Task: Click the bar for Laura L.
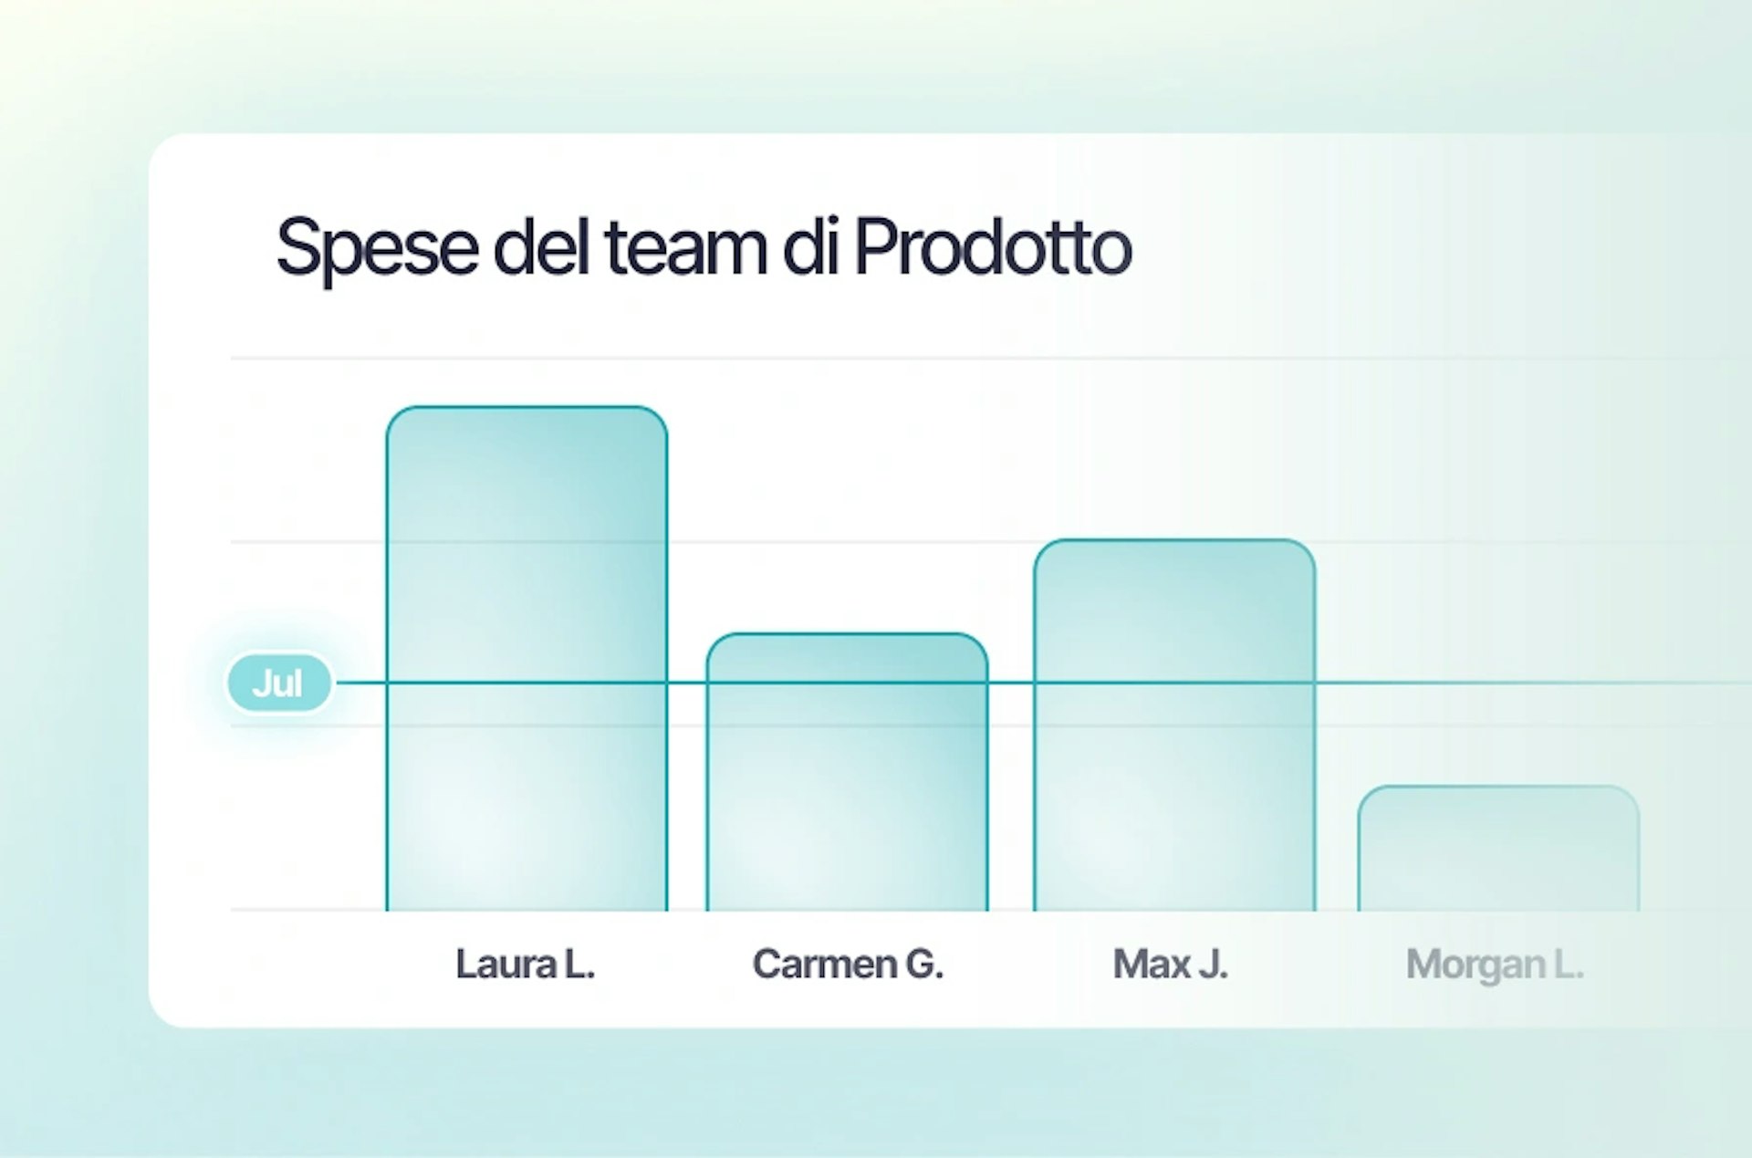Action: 527,658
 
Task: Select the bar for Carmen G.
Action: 847,772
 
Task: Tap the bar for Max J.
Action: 1174,725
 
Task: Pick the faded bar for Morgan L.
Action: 1498,848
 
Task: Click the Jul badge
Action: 278,683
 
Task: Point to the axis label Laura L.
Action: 525,964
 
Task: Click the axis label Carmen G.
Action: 848,965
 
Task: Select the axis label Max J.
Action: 1170,965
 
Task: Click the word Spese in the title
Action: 377,247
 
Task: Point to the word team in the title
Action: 685,246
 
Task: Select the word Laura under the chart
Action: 506,964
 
